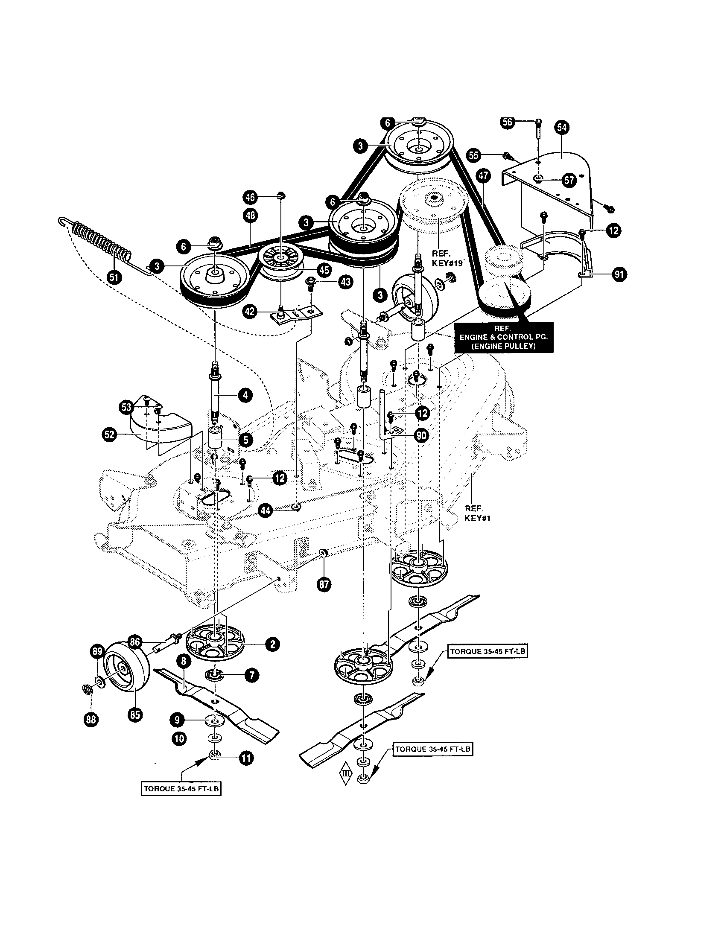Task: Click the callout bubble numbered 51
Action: pos(114,277)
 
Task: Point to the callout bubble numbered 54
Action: pos(561,127)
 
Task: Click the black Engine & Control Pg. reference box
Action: pos(503,338)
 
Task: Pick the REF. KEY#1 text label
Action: pos(477,513)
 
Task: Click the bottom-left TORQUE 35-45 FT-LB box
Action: pos(181,789)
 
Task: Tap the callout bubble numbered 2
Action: pos(273,644)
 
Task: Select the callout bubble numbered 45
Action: pos(324,270)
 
